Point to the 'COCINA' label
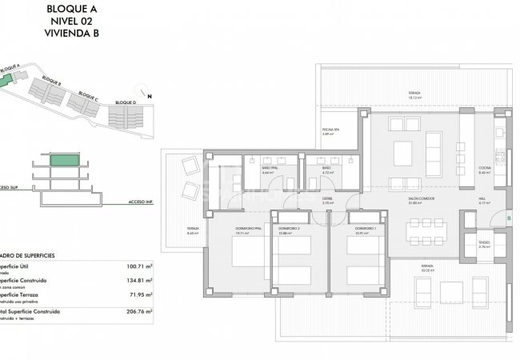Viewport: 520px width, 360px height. point(484,166)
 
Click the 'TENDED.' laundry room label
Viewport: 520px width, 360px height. point(484,242)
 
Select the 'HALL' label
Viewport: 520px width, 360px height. point(484,200)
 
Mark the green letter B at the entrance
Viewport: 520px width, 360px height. point(510,216)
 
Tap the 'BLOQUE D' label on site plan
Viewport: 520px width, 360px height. point(126,103)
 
